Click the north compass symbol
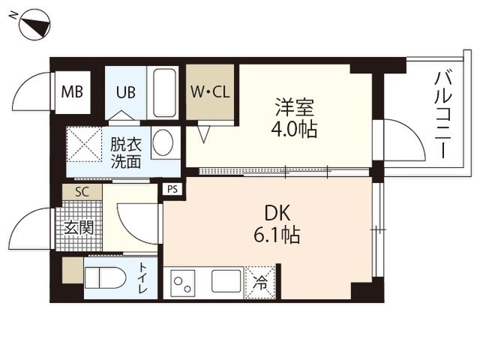[34, 25]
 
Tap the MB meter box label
[72, 91]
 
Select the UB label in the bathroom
[125, 91]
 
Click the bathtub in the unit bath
[165, 92]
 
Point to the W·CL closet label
[210, 91]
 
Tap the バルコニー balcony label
[443, 114]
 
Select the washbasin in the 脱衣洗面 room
[163, 143]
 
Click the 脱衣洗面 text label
[126, 153]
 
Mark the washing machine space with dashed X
[84, 144]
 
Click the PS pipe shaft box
[172, 189]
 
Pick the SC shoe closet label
[82, 192]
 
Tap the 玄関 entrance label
[79, 227]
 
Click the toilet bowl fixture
[105, 278]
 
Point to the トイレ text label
[143, 278]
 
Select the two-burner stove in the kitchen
[183, 283]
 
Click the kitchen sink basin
[226, 280]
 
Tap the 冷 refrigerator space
[260, 283]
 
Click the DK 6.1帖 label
[277, 224]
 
